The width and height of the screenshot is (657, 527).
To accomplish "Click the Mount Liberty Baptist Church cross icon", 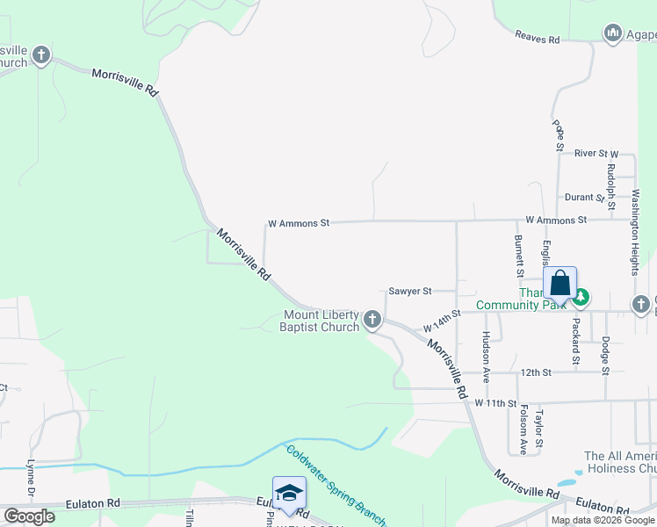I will coord(373,320).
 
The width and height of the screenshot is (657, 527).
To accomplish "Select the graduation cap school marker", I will coord(289,494).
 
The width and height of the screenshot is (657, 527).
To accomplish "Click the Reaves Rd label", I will coord(538,40).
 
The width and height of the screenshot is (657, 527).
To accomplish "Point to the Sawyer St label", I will coord(410,291).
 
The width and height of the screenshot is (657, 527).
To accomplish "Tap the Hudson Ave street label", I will coord(486,357).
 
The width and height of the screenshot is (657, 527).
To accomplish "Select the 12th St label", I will coord(534,372).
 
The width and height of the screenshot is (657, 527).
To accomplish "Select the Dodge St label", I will coord(605,356).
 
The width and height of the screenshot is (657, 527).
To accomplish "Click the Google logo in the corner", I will coord(29,516).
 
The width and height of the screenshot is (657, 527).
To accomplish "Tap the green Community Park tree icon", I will coord(581,300).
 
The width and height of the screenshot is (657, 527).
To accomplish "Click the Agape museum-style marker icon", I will coord(612,33).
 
